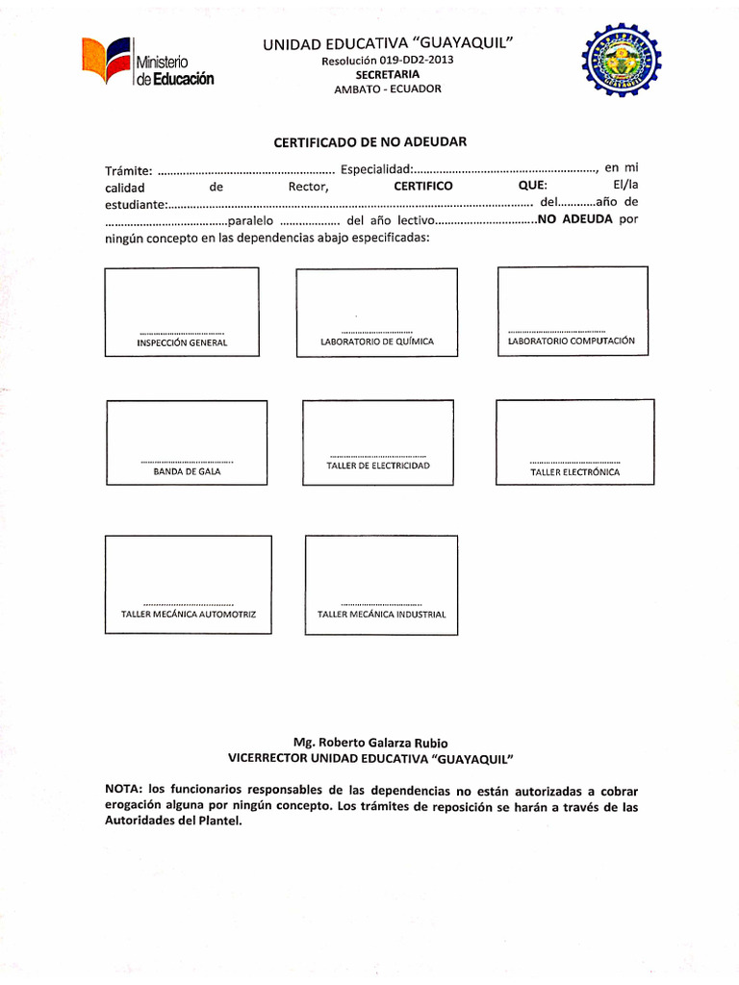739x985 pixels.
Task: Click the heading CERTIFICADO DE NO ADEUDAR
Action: click(x=369, y=141)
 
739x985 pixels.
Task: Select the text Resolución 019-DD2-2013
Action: click(x=387, y=61)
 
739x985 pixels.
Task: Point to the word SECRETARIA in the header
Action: click(x=387, y=74)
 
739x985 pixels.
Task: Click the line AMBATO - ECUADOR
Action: click(x=387, y=88)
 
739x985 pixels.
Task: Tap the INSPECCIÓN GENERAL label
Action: click(x=182, y=342)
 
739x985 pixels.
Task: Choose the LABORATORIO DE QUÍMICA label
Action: click(x=376, y=341)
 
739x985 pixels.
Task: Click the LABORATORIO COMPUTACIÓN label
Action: click(x=572, y=341)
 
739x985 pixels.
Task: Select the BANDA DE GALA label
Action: click(x=187, y=472)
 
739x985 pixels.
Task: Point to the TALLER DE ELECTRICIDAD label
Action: click(x=377, y=466)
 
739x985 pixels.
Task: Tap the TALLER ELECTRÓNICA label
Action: click(x=574, y=472)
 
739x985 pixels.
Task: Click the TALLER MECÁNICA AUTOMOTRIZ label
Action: click(x=189, y=614)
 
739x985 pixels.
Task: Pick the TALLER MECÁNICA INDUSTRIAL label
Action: click(x=381, y=614)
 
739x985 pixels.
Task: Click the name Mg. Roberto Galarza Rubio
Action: click(x=369, y=743)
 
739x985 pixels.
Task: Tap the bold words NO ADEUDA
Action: click(x=575, y=219)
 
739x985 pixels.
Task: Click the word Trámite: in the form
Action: click(x=128, y=171)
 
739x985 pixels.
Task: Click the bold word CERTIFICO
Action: click(x=423, y=186)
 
